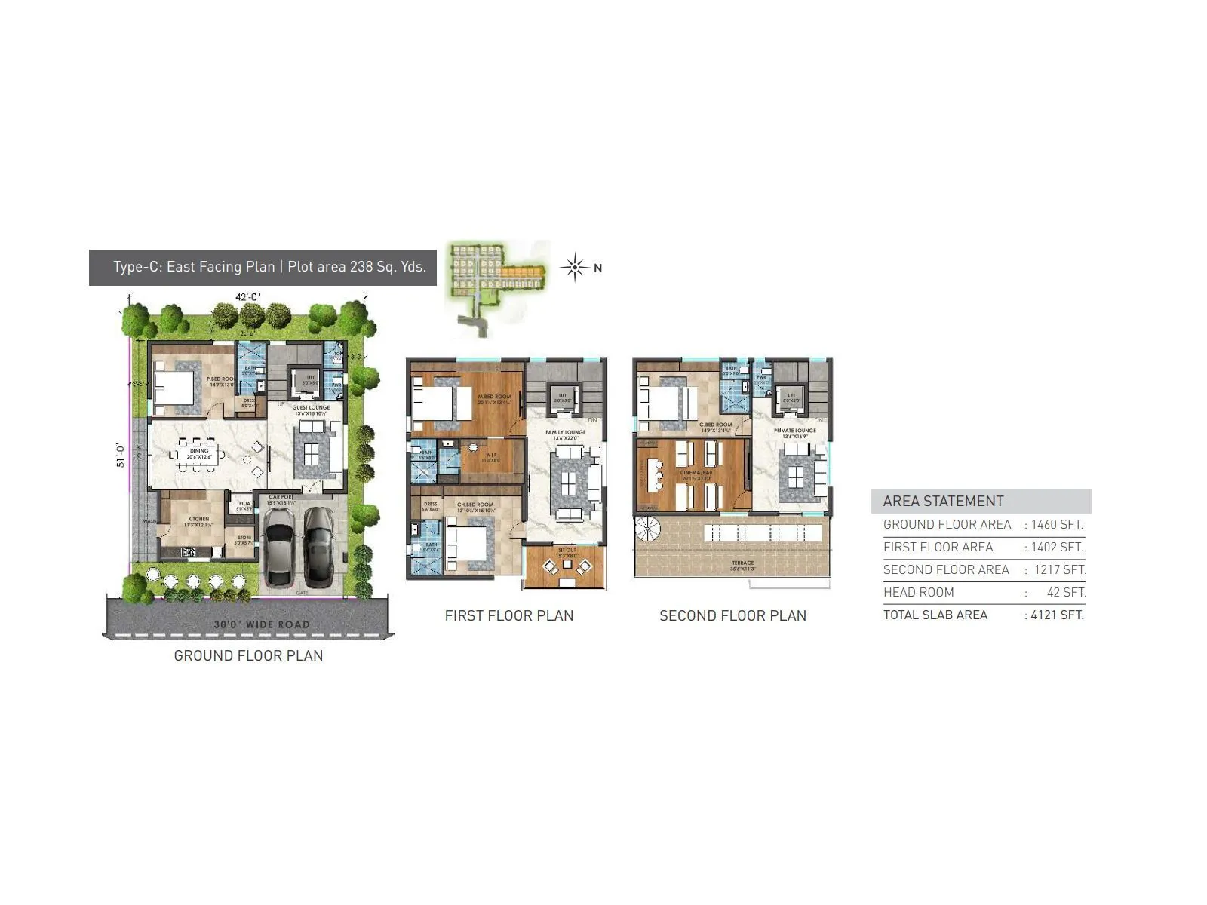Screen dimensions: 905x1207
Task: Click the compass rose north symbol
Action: pyautogui.click(x=575, y=268)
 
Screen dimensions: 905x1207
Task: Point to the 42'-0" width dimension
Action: pyautogui.click(x=247, y=297)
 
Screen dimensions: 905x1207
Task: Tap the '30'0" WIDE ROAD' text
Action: pyautogui.click(x=262, y=624)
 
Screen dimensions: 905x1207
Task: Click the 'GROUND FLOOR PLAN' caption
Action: pyautogui.click(x=248, y=655)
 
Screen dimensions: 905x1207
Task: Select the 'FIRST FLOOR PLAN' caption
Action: pyautogui.click(x=509, y=615)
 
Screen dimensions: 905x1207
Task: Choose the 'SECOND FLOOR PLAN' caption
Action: pyautogui.click(x=732, y=615)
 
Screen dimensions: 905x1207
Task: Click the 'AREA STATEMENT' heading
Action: pyautogui.click(x=943, y=502)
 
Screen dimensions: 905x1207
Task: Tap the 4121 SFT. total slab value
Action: pyautogui.click(x=1056, y=615)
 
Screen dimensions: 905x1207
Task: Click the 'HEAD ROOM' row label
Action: pyautogui.click(x=919, y=592)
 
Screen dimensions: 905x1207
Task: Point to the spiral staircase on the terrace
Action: pyautogui.click(x=646, y=529)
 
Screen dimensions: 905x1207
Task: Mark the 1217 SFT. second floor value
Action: pyautogui.click(x=1059, y=569)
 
